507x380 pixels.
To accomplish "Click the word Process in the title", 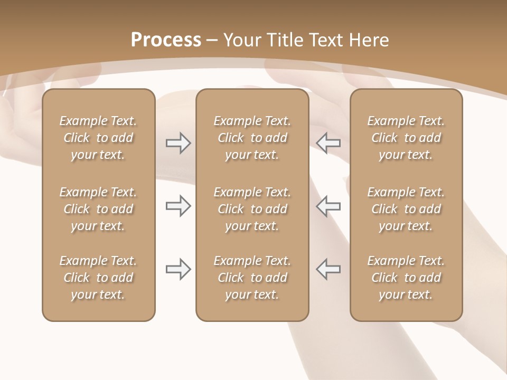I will click(x=166, y=40).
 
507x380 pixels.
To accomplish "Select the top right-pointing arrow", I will click(x=178, y=142).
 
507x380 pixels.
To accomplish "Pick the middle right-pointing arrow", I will click(x=178, y=206).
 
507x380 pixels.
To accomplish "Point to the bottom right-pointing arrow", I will click(x=178, y=269).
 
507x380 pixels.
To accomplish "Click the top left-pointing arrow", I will click(x=328, y=142).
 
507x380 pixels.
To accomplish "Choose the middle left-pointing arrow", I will click(x=328, y=206).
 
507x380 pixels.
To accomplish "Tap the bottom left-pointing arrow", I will click(x=328, y=269).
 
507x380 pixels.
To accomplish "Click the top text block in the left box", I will click(x=98, y=138).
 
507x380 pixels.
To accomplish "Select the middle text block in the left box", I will click(x=98, y=209).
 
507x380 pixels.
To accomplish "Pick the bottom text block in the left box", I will click(x=98, y=278).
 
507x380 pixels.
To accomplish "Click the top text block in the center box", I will click(x=252, y=138).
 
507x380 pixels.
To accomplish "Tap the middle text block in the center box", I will click(x=252, y=209).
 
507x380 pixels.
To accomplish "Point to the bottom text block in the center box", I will click(x=252, y=278).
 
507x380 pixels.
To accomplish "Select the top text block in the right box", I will click(x=406, y=138).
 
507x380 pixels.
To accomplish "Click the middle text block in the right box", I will click(x=406, y=209).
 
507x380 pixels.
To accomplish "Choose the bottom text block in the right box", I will click(x=406, y=278).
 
